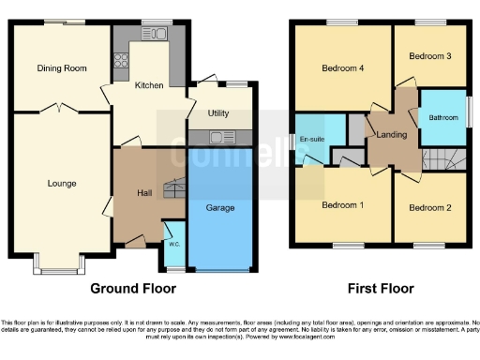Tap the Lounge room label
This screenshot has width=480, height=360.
pyautogui.click(x=62, y=183)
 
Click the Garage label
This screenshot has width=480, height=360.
pyautogui.click(x=220, y=207)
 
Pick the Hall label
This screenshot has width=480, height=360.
pyautogui.click(x=144, y=193)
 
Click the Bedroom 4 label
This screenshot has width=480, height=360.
pyautogui.click(x=340, y=68)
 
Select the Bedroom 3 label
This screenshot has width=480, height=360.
pyautogui.click(x=430, y=56)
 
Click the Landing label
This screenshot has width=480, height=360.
pyautogui.click(x=391, y=136)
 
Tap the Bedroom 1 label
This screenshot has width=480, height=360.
pyautogui.click(x=340, y=205)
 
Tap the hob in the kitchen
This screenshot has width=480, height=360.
pyautogui.click(x=121, y=63)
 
